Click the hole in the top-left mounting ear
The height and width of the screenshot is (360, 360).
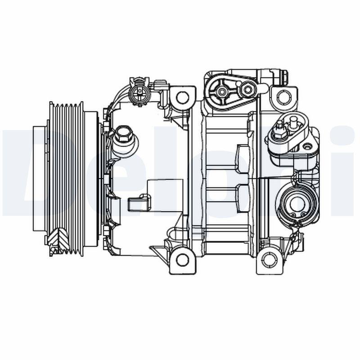[x=182, y=97]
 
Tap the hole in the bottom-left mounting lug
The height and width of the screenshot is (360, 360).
[x=182, y=260]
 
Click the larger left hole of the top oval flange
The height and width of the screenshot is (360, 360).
[x=222, y=92]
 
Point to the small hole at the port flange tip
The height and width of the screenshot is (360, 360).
[x=307, y=146]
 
